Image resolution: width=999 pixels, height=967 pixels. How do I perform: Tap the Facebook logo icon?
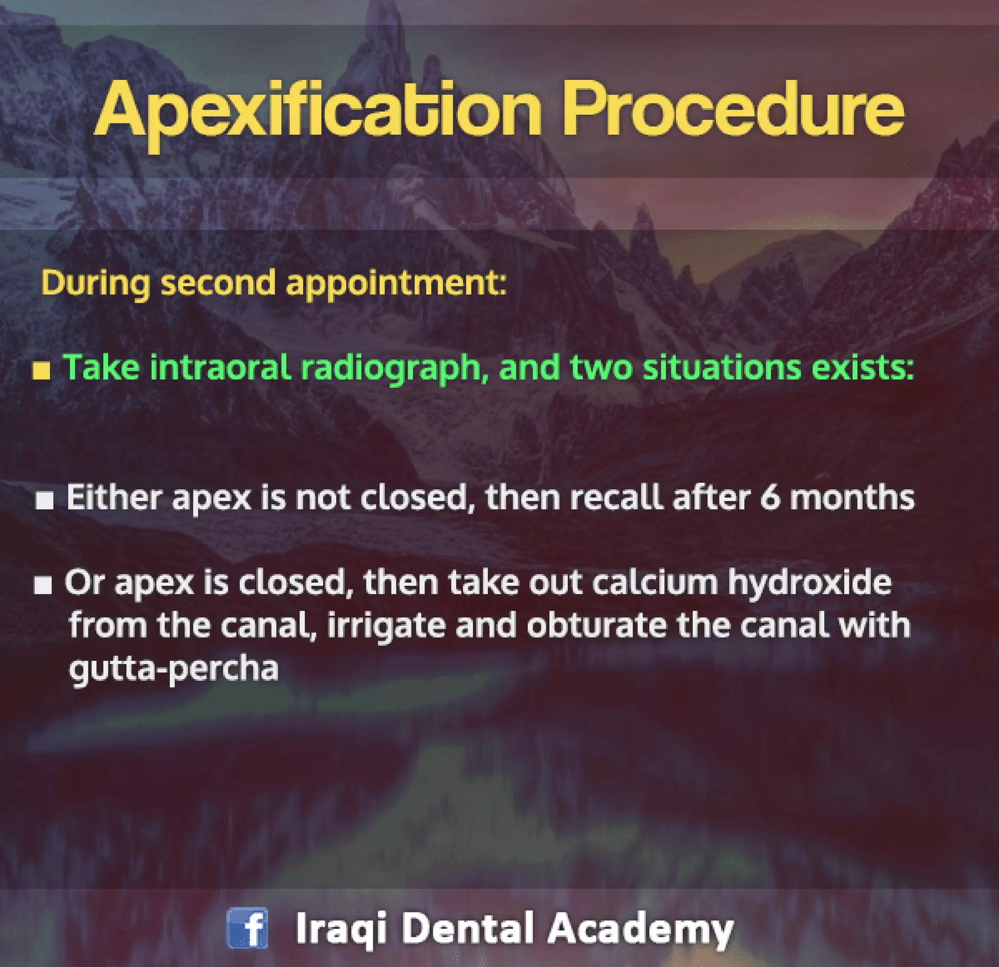[247, 928]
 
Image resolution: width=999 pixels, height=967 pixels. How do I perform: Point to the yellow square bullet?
[41, 371]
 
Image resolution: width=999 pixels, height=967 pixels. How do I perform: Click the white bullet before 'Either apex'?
[44, 501]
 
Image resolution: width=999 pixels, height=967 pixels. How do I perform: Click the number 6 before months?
[770, 497]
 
